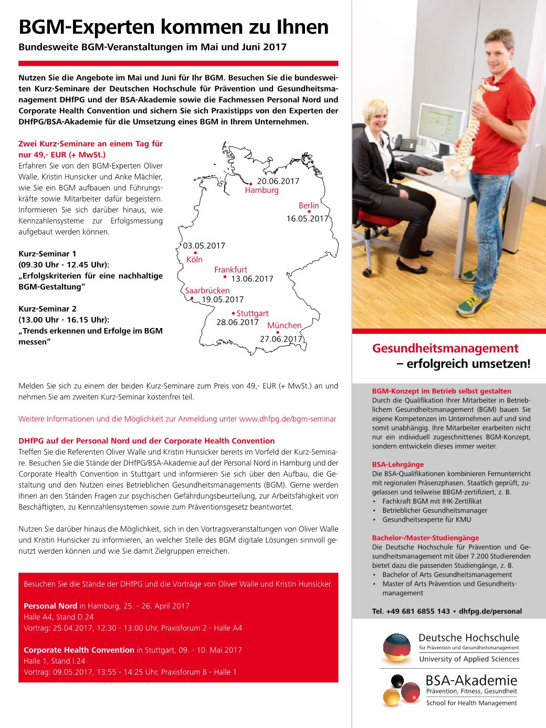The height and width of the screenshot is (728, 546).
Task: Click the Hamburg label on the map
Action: point(261,190)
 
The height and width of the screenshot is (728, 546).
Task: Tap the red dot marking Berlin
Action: point(309,212)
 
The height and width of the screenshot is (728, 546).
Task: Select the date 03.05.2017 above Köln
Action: point(204,246)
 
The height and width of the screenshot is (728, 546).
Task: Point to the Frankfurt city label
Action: point(230,270)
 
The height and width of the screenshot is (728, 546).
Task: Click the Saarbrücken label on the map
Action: point(207,290)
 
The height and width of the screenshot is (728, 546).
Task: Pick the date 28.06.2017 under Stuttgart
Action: point(237,322)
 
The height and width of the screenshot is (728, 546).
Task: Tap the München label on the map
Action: point(284,325)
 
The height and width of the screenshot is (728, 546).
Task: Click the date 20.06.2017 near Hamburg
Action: point(278,181)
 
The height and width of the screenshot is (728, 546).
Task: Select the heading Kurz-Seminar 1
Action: point(47,254)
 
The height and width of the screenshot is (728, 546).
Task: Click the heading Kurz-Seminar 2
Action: point(47,309)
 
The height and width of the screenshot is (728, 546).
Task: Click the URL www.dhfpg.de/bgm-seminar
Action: point(287,419)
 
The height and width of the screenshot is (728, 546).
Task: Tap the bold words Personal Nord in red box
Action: point(50,606)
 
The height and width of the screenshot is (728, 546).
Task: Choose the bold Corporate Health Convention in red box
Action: point(79,650)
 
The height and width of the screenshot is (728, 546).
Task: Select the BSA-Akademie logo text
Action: point(470,681)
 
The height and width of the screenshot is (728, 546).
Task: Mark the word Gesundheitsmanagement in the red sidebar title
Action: point(445,348)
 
